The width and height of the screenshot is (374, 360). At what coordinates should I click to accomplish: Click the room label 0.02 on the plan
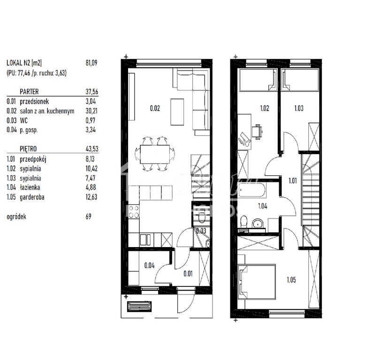[x=155, y=108]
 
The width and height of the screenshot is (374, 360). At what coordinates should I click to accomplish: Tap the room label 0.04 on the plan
[x=149, y=265]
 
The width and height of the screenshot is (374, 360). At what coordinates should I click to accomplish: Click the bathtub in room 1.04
[x=252, y=191]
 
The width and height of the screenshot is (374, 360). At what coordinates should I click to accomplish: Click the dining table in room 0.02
[x=155, y=153]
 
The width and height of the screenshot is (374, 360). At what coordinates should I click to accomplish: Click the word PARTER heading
[x=29, y=92]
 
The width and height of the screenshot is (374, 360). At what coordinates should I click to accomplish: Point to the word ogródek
[x=17, y=217]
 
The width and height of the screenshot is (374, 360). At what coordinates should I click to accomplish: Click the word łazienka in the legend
[x=30, y=188]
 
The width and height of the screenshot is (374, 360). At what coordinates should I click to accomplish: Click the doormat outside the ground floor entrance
[x=140, y=306]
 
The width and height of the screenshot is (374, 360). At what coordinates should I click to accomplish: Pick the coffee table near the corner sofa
[x=177, y=112]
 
